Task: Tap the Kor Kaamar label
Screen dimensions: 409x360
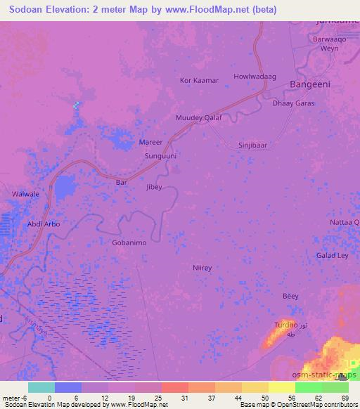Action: click(200, 80)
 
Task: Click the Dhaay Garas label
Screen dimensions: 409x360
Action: click(293, 103)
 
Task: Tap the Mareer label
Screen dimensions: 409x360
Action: click(151, 142)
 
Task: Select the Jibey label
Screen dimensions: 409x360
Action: click(153, 187)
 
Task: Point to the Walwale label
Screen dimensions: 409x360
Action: click(25, 193)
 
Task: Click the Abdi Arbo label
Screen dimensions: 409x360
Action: click(44, 223)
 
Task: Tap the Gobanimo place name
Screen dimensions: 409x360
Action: click(129, 242)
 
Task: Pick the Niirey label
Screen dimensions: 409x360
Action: click(202, 268)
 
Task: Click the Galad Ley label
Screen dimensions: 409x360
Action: click(333, 255)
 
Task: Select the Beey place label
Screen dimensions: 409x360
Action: click(290, 297)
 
